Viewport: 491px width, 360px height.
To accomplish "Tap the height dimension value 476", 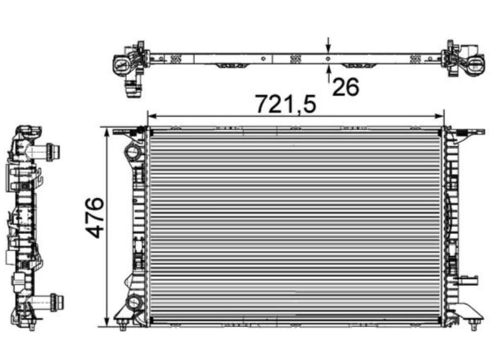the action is pos(95,217).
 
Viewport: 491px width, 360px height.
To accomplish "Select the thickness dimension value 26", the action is pos(346,87).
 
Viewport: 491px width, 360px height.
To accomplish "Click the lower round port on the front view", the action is pos(134,302).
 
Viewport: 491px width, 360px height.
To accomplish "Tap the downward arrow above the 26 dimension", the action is pos(328,45).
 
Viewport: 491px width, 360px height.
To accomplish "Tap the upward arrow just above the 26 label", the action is pos(328,74).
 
